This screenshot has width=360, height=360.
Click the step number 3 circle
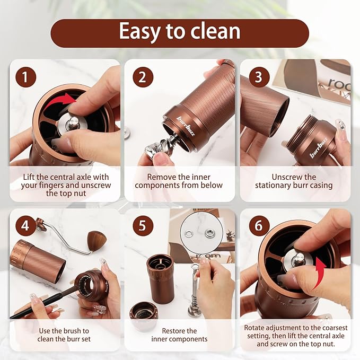coord(258,77)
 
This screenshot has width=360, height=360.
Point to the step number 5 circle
coord(142,226)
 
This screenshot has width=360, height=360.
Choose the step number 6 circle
coord(258,226)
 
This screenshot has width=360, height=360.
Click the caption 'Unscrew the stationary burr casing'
coord(294,181)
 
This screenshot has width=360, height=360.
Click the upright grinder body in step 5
coord(160,278)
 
